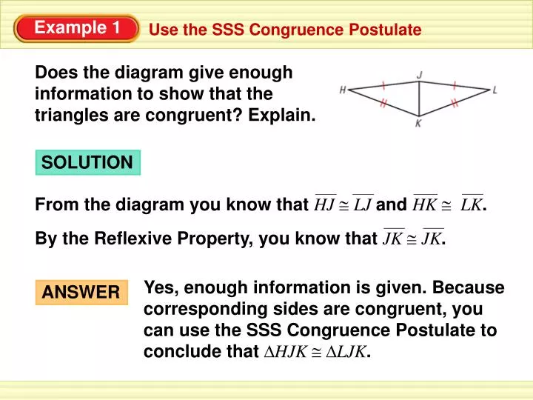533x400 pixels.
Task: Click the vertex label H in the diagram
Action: (343, 90)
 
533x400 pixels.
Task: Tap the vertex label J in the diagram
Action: (420, 74)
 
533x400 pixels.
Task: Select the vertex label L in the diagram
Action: (495, 90)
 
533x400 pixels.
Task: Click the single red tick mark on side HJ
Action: (382, 84)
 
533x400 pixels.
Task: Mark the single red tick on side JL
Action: (454, 84)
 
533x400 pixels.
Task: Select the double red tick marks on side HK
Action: (383, 104)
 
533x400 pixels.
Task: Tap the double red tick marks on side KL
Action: (455, 104)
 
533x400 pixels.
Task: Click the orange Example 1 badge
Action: (77, 28)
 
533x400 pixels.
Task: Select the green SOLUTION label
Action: (87, 162)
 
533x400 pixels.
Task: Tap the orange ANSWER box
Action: (81, 293)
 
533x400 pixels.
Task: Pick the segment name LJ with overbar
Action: (363, 205)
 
